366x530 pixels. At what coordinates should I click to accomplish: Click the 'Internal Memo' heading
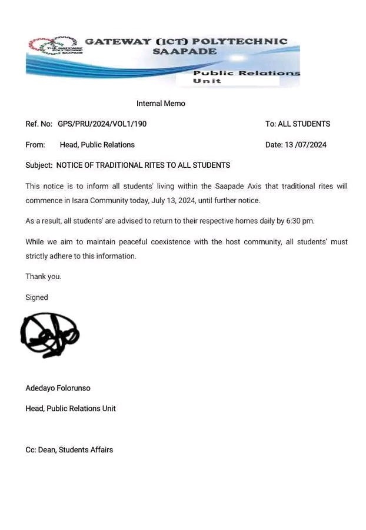coord(161,104)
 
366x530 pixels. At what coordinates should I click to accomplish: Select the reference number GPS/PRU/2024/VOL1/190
coord(102,124)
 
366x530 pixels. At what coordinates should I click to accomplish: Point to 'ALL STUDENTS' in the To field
coord(304,124)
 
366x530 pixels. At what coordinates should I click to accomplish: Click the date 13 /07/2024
coord(305,145)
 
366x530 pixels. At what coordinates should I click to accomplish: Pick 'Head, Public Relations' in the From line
coord(97,145)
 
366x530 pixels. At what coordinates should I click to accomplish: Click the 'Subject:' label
coord(39,165)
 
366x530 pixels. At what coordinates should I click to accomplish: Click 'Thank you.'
coord(43,277)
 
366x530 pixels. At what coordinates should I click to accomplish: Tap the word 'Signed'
coord(36,297)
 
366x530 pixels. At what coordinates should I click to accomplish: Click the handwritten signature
coord(49,335)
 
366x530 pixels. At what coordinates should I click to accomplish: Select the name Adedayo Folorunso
coord(58,389)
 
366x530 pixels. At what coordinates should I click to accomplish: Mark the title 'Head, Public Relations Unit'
coord(71,409)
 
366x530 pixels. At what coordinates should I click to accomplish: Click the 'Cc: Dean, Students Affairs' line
coord(69,450)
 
